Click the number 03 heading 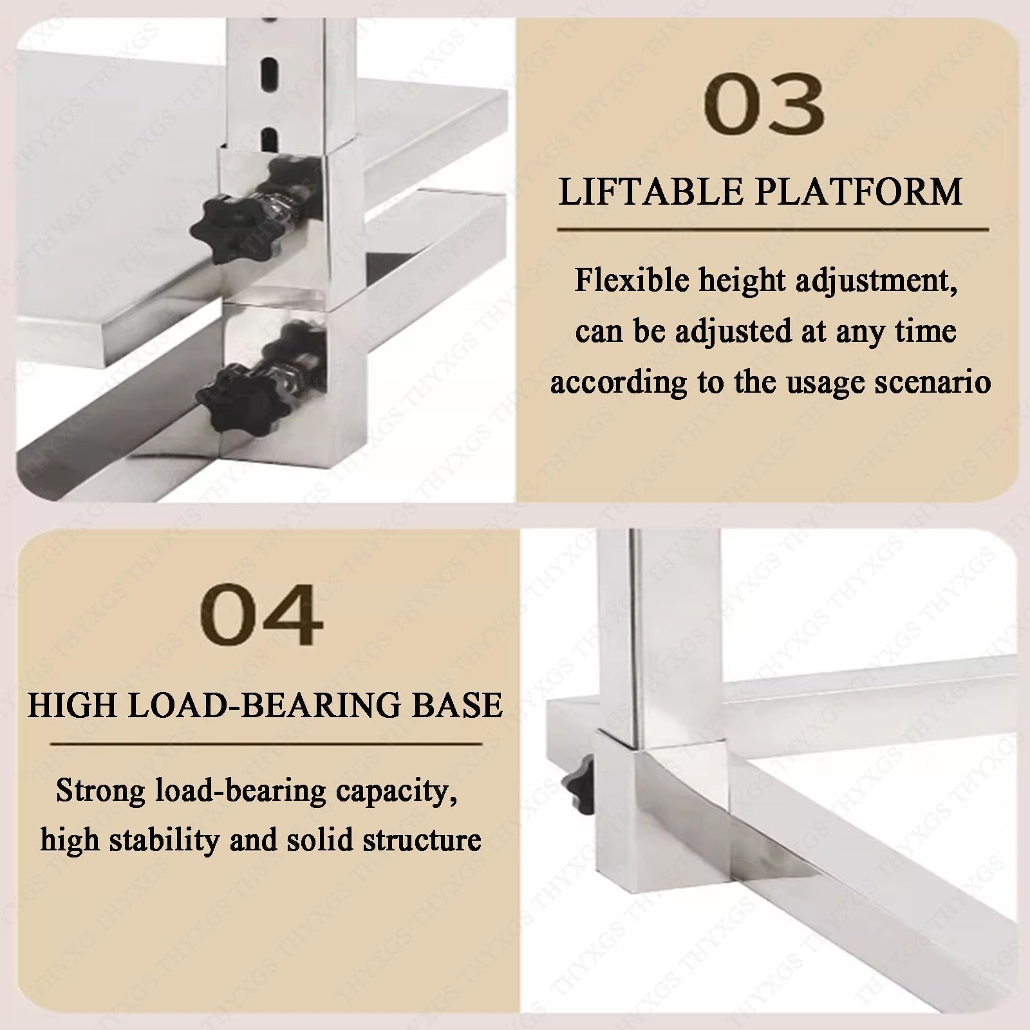coord(764,104)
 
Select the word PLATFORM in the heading coord(860,192)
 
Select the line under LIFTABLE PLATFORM coord(772,229)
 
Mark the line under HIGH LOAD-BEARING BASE coord(266,744)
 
